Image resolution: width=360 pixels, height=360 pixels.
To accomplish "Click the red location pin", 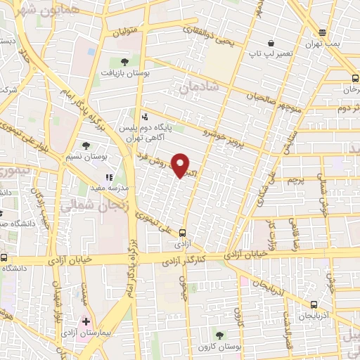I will [181, 165].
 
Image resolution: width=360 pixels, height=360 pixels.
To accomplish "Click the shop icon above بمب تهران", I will [322, 32].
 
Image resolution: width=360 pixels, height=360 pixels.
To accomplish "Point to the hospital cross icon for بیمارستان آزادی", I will [86, 321].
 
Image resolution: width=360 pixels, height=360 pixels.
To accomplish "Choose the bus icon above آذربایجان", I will [313, 304].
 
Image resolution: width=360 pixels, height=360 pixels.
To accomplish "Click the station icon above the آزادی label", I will [183, 233].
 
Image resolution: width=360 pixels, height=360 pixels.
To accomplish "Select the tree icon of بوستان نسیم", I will [85, 146].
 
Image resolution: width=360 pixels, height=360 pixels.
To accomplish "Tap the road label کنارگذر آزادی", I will [205, 261].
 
